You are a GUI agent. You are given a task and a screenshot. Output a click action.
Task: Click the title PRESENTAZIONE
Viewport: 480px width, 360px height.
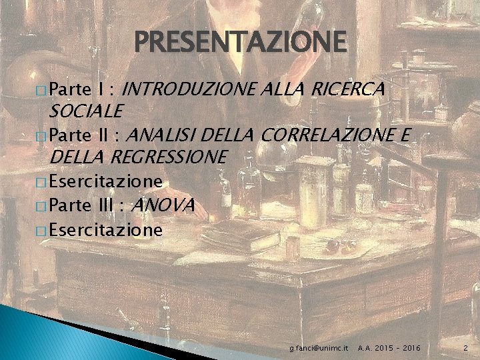click(241, 42)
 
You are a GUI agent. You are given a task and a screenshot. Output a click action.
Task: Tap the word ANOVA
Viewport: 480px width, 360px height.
click(163, 205)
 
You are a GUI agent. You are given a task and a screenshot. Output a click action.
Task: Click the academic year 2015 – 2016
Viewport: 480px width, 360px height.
click(389, 348)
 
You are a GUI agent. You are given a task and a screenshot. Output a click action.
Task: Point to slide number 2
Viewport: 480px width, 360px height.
click(465, 348)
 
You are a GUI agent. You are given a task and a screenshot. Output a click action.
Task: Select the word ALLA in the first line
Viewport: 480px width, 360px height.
click(277, 88)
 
